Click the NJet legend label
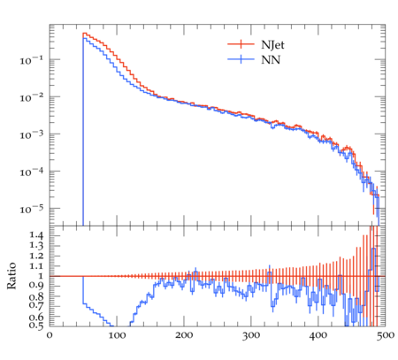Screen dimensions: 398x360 coord(272,45)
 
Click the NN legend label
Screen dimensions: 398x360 coord(271,60)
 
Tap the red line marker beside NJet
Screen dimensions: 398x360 coord(241,44)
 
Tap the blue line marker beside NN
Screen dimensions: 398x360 coord(241,59)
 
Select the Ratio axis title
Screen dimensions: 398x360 coord(11,275)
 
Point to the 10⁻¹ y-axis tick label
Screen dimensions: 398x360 coord(31,60)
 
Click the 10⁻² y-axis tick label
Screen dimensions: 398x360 coord(31,97)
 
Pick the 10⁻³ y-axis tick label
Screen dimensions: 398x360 coord(31,134)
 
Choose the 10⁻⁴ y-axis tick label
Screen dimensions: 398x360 coord(31,172)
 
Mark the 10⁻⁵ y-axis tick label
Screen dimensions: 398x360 coord(31,209)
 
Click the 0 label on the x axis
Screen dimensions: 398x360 coord(50,335)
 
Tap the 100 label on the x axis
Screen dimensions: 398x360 coord(117,335)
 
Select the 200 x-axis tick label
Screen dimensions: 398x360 coord(184,335)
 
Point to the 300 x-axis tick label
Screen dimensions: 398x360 coord(251,335)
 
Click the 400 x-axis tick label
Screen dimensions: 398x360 coord(318,335)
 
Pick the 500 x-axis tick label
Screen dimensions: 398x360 coord(386,335)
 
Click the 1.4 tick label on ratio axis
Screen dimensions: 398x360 coord(36,235)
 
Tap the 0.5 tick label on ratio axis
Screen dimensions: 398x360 coord(36,326)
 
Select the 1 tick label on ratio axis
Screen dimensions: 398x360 coord(40,276)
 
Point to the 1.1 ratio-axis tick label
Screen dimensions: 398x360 coord(36,266)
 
